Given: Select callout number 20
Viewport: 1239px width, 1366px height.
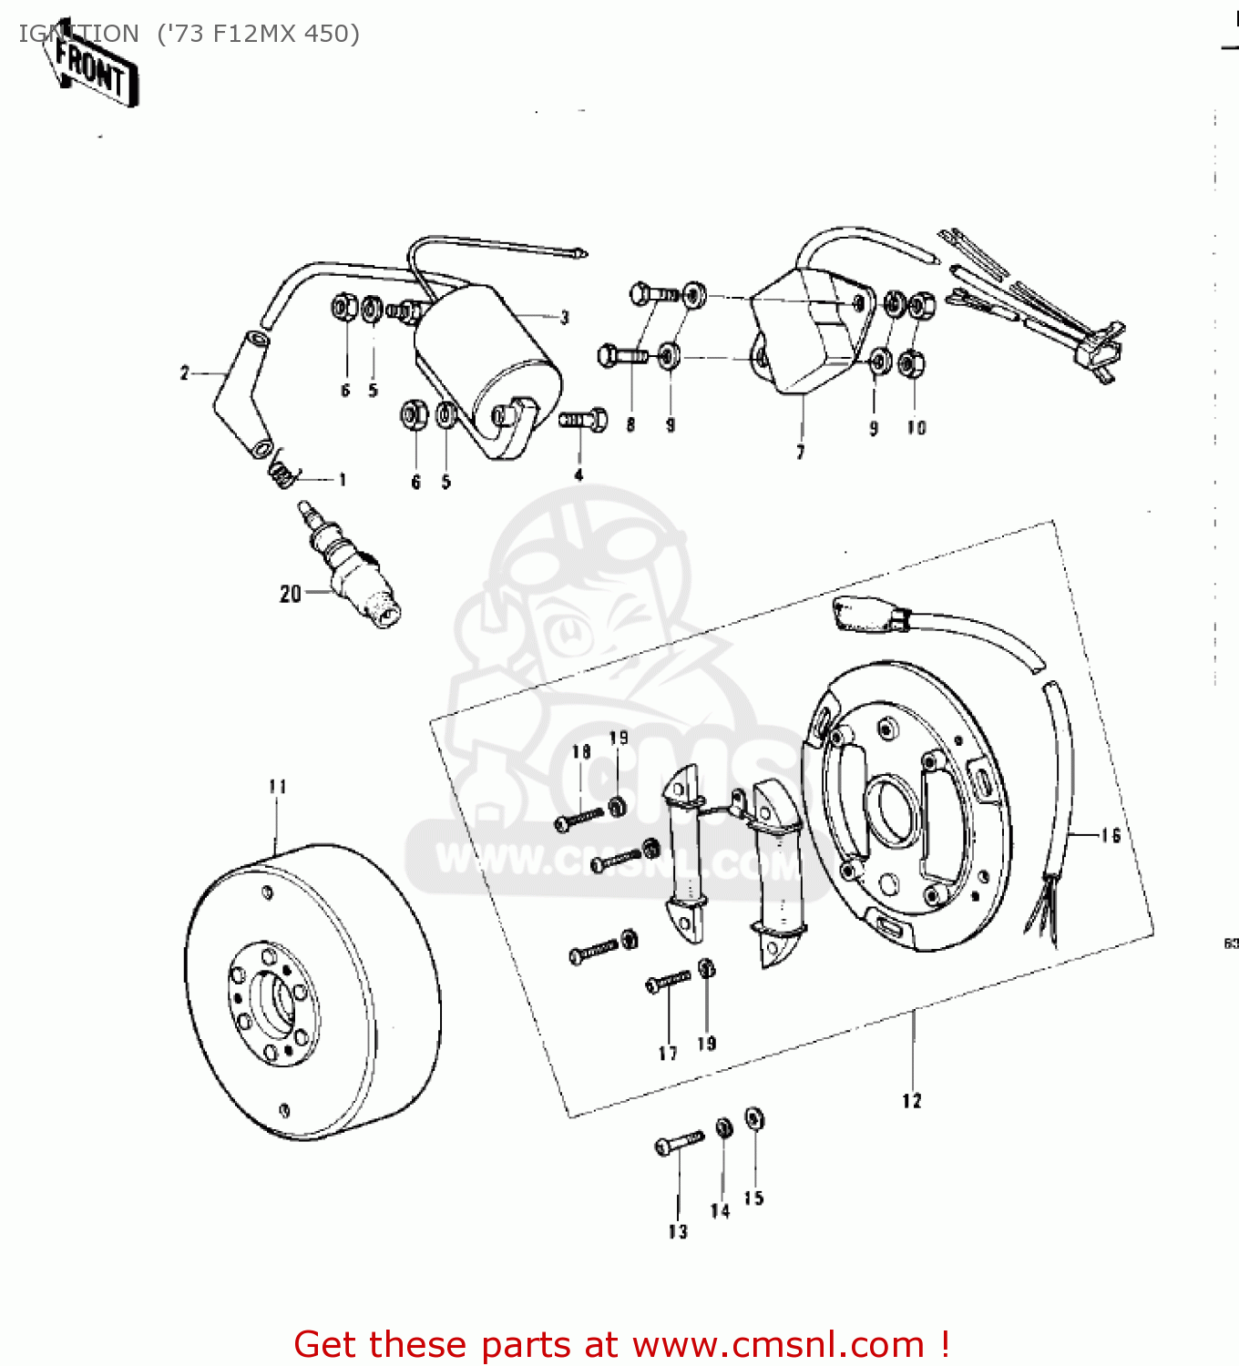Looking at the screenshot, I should pos(290,594).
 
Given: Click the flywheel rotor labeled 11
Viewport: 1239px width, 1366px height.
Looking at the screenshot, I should pos(314,993).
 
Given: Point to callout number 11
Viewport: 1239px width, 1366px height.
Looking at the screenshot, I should pos(278,787).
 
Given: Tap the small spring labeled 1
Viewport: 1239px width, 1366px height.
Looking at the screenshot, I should pos(283,473).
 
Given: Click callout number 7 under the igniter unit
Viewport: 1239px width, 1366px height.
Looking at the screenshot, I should pos(801,453).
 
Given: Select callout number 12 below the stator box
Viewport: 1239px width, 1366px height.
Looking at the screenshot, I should pos(912,1102).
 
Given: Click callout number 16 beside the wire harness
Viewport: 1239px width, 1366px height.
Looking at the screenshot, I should pos(1111,836).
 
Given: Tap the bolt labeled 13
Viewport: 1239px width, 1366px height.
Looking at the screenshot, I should pos(680,1142).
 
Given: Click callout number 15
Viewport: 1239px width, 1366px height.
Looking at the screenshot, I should pos(753,1198).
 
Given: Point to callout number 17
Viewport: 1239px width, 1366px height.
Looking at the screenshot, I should pos(668,1054).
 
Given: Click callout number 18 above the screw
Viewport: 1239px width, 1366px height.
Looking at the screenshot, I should pos(581,752).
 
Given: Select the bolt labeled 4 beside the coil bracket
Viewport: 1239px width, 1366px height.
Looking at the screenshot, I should pos(583,421).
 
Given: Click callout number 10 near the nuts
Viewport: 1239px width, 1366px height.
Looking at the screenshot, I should pos(916,428).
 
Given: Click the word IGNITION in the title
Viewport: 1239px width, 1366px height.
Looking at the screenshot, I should pos(78,34).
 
